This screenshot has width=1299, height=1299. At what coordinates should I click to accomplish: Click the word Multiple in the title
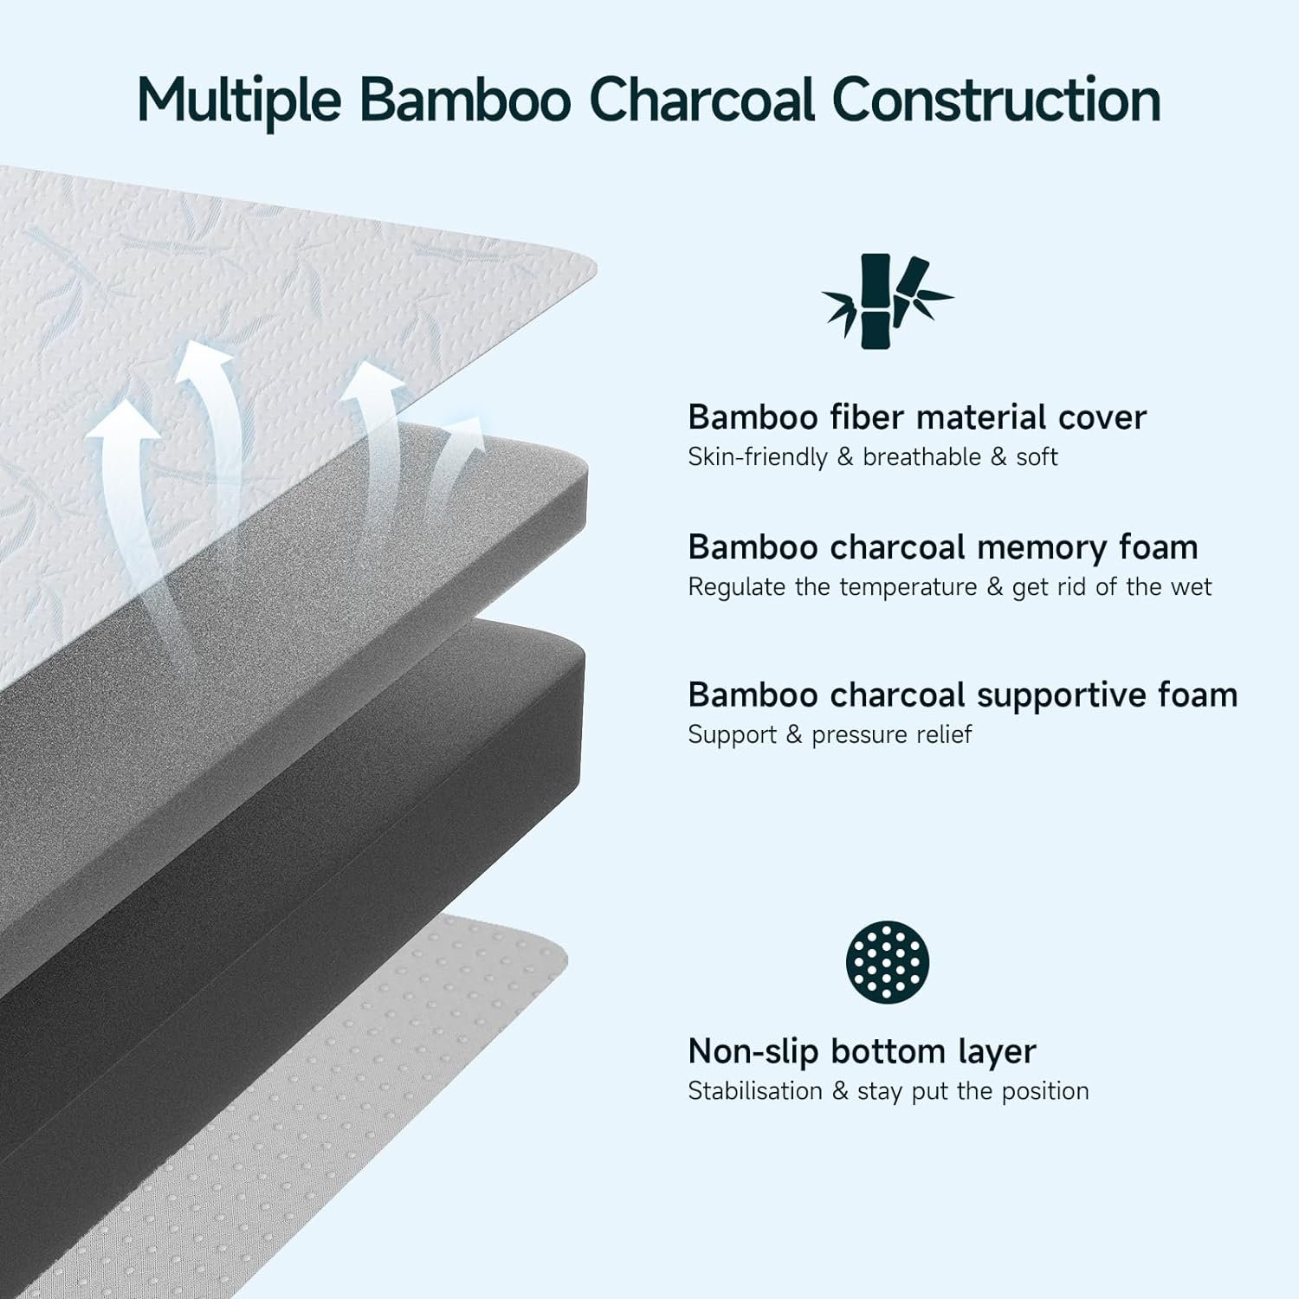pyautogui.click(x=240, y=101)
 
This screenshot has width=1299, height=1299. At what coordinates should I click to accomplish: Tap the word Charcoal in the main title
pyautogui.click(x=702, y=100)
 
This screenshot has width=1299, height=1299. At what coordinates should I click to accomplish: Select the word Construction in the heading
pyautogui.click(x=997, y=100)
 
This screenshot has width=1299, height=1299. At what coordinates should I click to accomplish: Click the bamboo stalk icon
pyautogui.click(x=886, y=301)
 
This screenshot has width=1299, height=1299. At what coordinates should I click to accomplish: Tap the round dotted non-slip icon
pyautogui.click(x=888, y=962)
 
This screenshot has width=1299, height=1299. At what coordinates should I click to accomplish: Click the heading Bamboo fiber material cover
pyautogui.click(x=917, y=417)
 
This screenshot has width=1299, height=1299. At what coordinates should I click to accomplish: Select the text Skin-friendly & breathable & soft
pyautogui.click(x=873, y=456)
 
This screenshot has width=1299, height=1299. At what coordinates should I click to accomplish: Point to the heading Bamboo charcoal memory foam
pyautogui.click(x=943, y=547)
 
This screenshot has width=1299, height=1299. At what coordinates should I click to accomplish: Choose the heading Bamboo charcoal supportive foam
pyautogui.click(x=963, y=695)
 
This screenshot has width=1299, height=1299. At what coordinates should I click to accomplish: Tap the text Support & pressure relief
pyautogui.click(x=830, y=734)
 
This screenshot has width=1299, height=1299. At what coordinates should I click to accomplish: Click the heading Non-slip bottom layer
pyautogui.click(x=862, y=1052)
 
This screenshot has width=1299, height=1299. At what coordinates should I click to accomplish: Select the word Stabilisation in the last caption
pyautogui.click(x=755, y=1091)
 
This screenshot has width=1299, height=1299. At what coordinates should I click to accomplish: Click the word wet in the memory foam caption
pyautogui.click(x=1191, y=587)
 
